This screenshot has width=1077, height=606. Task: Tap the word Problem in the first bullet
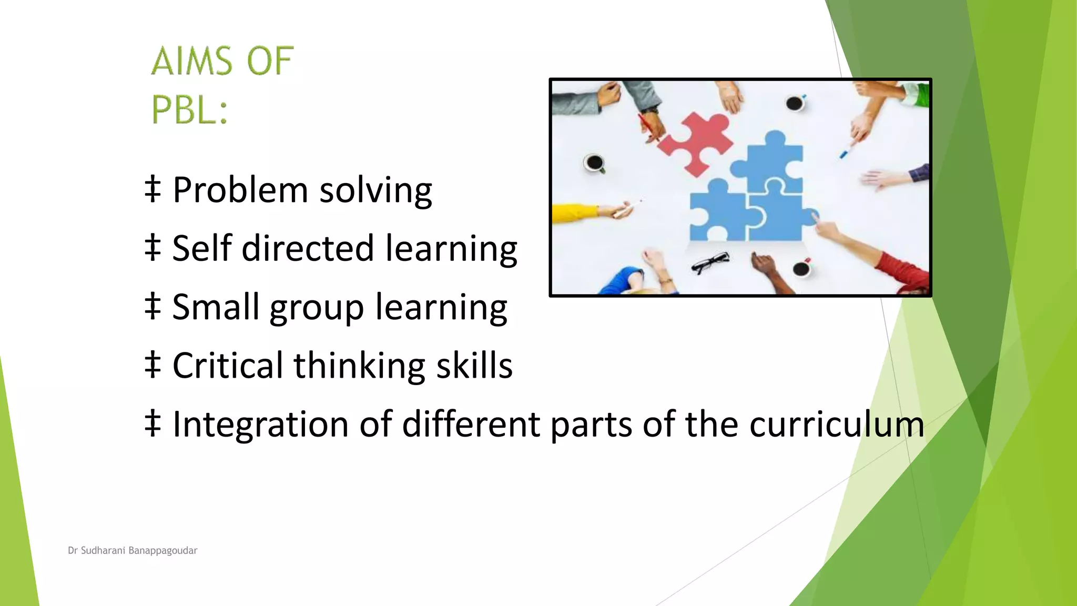[240, 190]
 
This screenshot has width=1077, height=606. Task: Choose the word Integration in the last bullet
[260, 424]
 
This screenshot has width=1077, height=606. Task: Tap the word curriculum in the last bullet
[837, 424]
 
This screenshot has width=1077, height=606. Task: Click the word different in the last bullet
[471, 424]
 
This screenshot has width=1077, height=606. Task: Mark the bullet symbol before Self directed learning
[153, 248]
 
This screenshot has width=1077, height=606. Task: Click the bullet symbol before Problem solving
[153, 189]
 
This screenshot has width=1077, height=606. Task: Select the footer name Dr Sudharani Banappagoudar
[133, 551]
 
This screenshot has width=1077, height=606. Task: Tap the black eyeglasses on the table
[710, 262]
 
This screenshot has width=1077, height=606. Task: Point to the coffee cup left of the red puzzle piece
[595, 163]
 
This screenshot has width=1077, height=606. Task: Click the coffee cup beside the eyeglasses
[801, 269]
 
